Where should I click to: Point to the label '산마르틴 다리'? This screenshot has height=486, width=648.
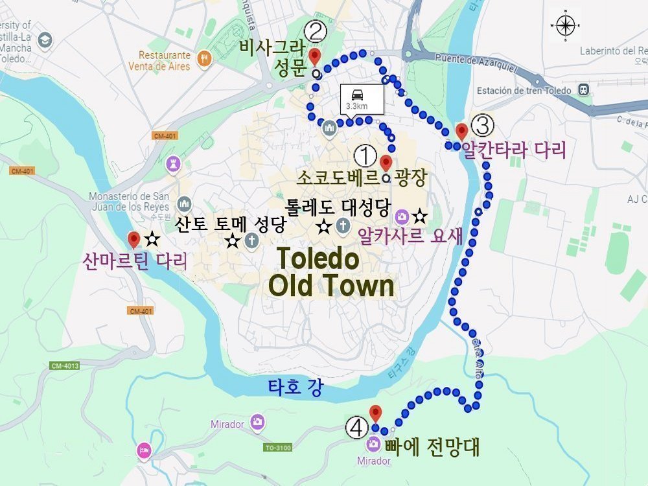(x=135, y=262)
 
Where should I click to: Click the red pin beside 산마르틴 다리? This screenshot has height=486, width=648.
(x=134, y=240)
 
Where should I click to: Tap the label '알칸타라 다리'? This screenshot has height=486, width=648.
(x=514, y=150)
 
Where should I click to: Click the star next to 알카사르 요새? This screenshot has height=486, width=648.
(x=420, y=215)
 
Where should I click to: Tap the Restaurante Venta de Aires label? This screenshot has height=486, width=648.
(x=165, y=61)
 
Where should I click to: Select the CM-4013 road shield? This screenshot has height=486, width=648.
(x=65, y=366)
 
